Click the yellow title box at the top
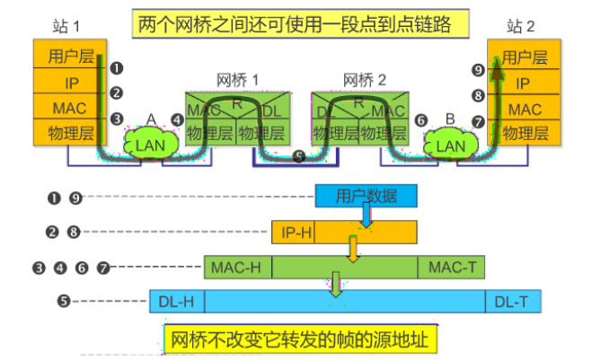point(301,23)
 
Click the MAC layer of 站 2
point(525,110)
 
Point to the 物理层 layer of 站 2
point(525,134)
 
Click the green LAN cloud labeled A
point(147,144)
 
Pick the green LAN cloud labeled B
point(450,144)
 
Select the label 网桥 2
point(365,80)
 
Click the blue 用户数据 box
point(366,197)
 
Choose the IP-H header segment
point(293,232)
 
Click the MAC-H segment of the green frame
point(236,268)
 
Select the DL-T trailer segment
point(513,302)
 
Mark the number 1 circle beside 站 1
point(116,67)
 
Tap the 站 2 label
point(521,24)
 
